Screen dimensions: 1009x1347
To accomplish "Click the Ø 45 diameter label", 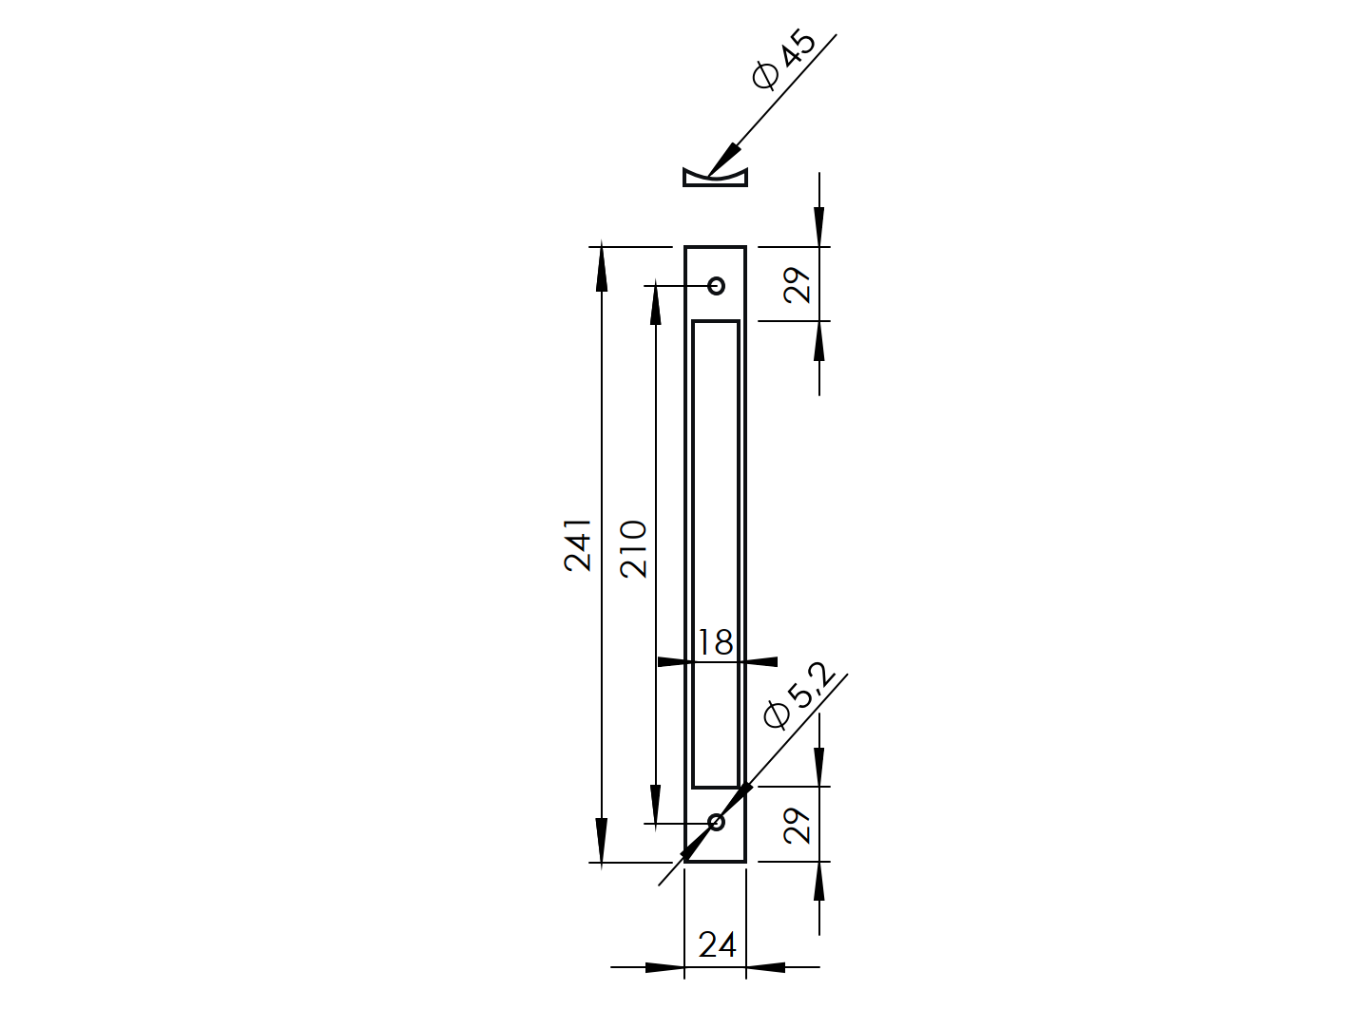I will click(783, 60).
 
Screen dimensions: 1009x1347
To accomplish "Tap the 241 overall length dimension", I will click(578, 544).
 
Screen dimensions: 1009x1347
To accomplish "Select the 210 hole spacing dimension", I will click(633, 548).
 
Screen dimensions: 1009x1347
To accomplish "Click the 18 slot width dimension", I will click(715, 643).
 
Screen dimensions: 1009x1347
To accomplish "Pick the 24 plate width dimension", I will click(717, 944).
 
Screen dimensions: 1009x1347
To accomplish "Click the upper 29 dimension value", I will click(798, 284).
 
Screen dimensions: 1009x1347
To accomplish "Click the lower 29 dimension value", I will click(798, 825).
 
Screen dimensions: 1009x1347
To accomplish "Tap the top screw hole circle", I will click(716, 285).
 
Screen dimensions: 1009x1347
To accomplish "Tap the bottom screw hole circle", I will click(716, 822).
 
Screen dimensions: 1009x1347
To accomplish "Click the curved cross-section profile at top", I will click(715, 178).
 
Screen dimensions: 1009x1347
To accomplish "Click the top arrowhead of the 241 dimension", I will click(601, 266).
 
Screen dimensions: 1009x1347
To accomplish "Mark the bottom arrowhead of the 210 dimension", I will click(655, 804).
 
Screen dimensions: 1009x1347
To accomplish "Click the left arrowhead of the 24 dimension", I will click(664, 967).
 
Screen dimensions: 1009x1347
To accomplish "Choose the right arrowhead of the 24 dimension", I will click(766, 967).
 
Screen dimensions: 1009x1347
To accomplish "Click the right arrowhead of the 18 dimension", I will click(760, 661).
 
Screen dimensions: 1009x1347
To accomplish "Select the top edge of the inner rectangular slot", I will click(716, 322).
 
